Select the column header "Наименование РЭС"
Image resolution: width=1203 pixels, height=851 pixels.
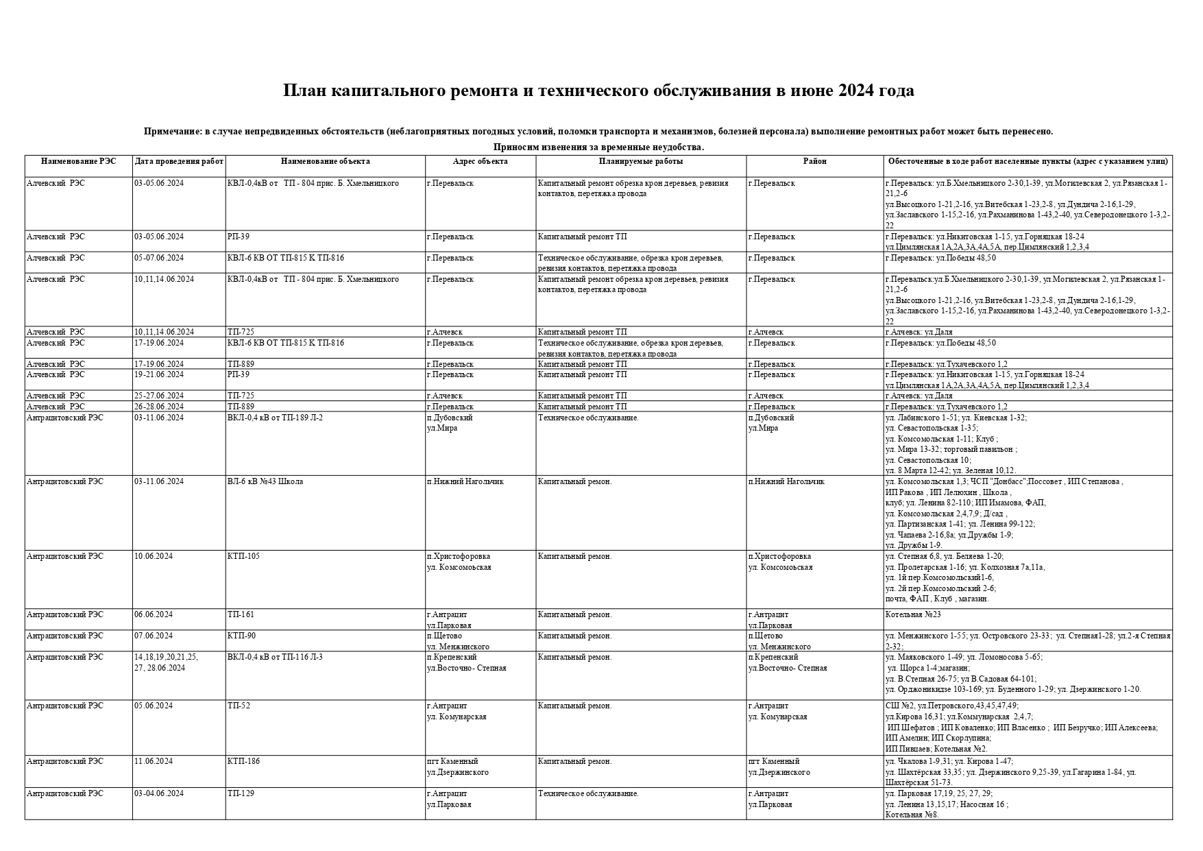pos(78,162)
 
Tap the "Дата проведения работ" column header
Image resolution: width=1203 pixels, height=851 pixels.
pos(179,162)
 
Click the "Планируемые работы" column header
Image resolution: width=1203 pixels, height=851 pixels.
pos(640,162)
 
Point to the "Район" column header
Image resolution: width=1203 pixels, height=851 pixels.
pos(814,162)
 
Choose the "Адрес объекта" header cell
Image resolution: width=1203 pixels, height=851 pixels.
pos(480,162)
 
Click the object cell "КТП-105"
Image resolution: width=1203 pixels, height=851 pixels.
pos(243,556)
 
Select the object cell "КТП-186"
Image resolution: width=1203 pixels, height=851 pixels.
pos(243,761)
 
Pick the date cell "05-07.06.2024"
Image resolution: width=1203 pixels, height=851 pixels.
pos(159,258)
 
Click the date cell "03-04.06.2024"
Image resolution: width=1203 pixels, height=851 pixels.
pos(159,793)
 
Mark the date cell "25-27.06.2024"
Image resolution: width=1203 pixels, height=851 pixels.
pos(159,396)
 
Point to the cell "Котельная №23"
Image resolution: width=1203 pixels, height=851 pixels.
pos(913,614)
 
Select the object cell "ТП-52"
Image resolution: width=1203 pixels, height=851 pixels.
pos(239,706)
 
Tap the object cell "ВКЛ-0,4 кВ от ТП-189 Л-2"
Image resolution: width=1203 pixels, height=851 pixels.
pos(275,418)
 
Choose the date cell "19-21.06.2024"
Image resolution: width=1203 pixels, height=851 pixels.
pos(159,374)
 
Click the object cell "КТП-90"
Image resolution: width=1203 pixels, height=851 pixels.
pos(241,636)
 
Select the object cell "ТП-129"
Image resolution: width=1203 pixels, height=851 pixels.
pos(241,793)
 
